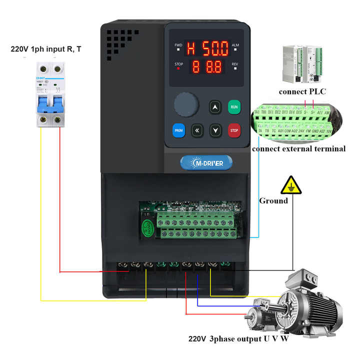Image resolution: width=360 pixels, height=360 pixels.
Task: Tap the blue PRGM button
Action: tap(178, 130)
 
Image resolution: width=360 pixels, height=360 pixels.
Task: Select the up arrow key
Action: tap(215, 107)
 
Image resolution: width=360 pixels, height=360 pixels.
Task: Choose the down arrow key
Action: tap(215, 130)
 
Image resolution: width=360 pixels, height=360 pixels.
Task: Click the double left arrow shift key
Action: tap(197, 130)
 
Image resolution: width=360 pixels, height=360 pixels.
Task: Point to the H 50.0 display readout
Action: tap(207, 48)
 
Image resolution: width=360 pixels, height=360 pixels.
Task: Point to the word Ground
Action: tap(273, 200)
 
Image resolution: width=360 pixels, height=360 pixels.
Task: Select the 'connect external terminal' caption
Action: tap(298, 148)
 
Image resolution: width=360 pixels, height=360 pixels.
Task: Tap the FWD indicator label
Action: tap(178, 45)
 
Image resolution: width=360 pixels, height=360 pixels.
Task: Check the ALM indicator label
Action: tap(235, 45)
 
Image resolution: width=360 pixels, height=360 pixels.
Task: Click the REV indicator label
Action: tap(235, 64)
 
